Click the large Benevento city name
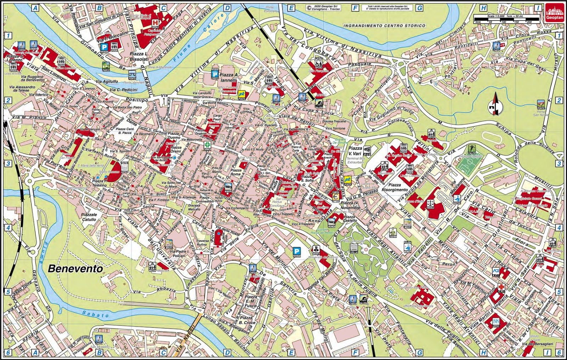(x=75, y=268)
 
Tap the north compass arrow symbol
(x=495, y=104)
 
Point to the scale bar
(x=507, y=19)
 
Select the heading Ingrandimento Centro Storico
(x=384, y=26)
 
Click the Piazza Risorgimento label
(x=395, y=187)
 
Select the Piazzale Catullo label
(x=89, y=217)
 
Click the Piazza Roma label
(x=236, y=172)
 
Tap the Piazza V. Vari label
(x=355, y=151)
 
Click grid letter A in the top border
(x=35, y=8)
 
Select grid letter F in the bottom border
(x=355, y=353)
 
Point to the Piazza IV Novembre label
(x=350, y=205)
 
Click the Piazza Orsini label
(x=176, y=149)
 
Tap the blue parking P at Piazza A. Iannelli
(x=215, y=74)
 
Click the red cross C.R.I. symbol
(x=501, y=287)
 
